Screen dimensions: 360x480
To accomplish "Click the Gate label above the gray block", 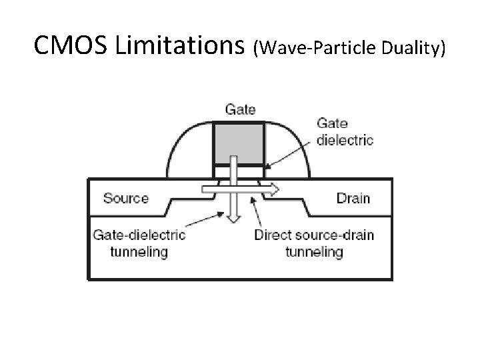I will click(239, 109).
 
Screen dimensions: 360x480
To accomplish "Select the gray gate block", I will click(239, 141).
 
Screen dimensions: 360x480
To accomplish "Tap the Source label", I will click(126, 198).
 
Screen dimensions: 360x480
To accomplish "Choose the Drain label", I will click(353, 198).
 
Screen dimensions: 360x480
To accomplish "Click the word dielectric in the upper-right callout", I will click(345, 140).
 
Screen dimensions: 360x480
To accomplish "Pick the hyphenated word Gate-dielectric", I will click(139, 235).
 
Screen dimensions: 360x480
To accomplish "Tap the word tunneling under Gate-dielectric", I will click(139, 251).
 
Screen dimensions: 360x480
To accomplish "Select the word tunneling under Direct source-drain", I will click(314, 251).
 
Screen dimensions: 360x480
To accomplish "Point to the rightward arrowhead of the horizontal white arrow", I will click(273, 191).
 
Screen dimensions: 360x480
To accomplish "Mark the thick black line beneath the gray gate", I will click(239, 164).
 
